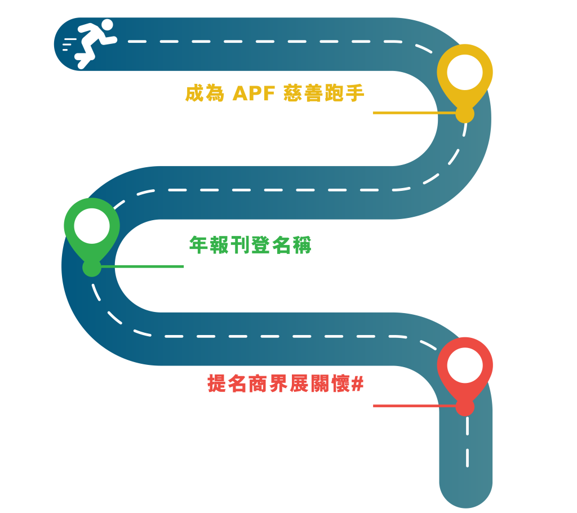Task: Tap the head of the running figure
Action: [107, 25]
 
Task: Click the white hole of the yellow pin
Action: [465, 72]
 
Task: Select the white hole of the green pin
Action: [92, 226]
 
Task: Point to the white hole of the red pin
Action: [465, 365]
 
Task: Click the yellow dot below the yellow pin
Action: [465, 113]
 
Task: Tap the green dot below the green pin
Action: [92, 267]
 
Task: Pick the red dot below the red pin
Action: [465, 407]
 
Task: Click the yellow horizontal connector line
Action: [414, 113]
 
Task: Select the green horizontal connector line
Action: [142, 266]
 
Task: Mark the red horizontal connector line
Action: [414, 406]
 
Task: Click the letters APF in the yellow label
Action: [254, 93]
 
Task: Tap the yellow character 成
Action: [194, 93]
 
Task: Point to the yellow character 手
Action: [355, 93]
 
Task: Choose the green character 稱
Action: [302, 245]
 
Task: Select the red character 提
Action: [217, 384]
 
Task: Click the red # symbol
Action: [357, 384]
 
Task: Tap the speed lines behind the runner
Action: [69, 44]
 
